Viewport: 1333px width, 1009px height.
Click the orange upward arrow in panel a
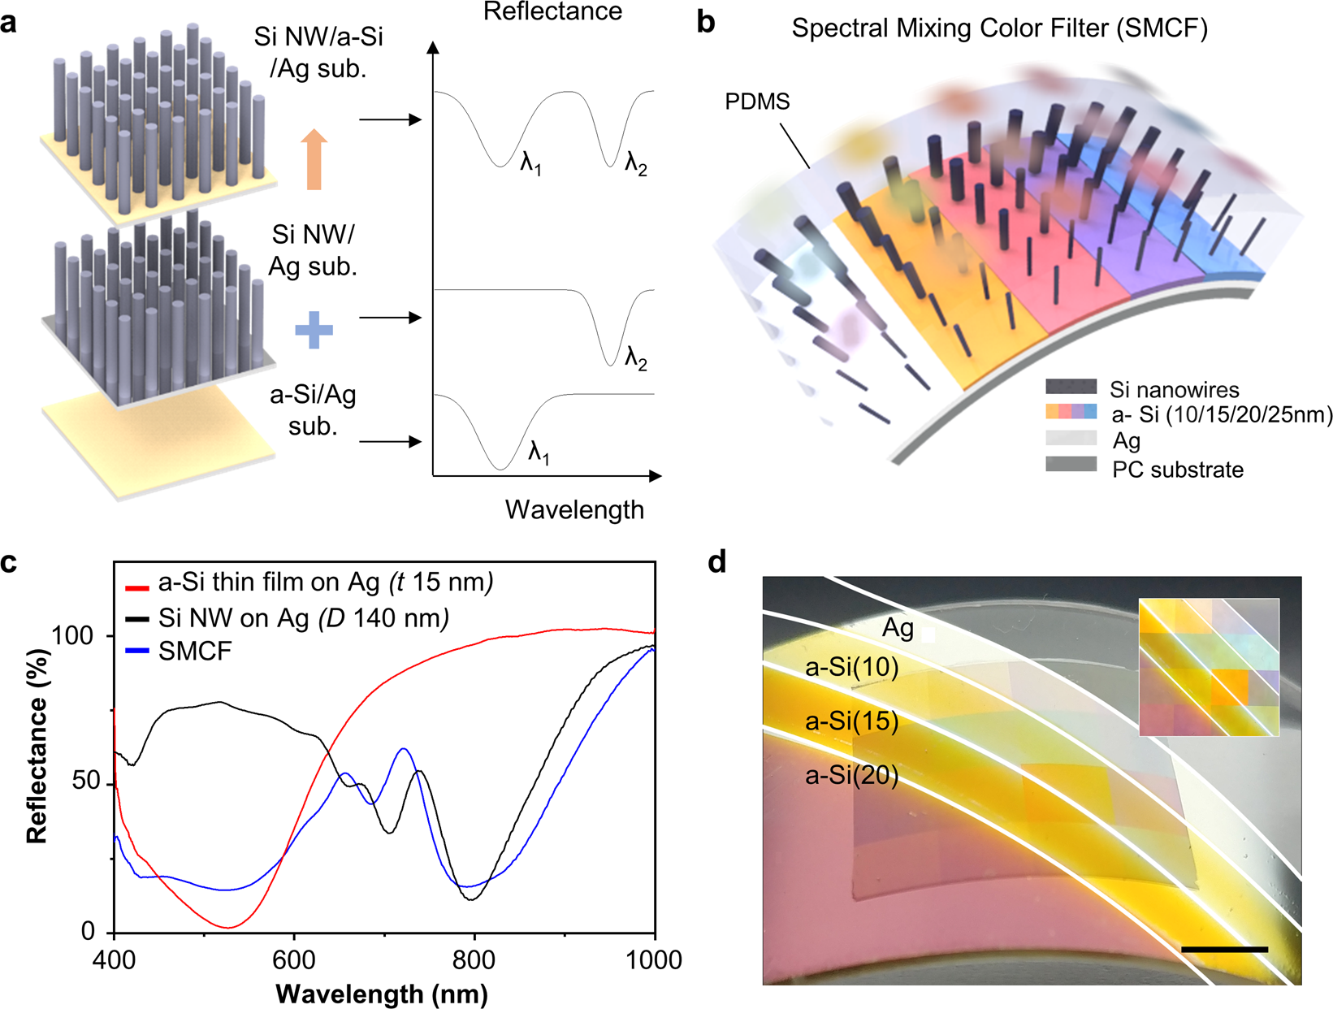point(314,160)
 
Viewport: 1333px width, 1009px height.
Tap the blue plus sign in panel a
point(314,330)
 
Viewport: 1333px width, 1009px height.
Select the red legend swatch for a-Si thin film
point(136,587)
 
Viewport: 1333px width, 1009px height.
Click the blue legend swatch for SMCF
point(136,651)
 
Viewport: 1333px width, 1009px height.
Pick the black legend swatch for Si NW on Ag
point(136,618)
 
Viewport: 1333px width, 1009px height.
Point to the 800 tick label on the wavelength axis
point(474,959)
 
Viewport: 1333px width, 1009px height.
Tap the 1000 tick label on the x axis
point(654,959)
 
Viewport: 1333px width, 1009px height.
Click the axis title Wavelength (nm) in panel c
point(381,994)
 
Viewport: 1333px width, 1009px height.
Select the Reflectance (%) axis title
point(37,746)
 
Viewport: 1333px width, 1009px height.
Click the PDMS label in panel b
point(757,102)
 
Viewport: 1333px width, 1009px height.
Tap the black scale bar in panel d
point(1224,949)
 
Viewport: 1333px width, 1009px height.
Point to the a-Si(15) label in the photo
point(851,721)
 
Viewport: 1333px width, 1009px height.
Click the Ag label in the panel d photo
point(898,628)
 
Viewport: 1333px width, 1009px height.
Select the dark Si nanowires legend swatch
point(1071,387)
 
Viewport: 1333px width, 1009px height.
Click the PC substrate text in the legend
point(1178,470)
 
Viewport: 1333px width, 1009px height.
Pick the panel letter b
point(706,23)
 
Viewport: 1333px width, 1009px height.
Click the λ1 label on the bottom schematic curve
point(539,452)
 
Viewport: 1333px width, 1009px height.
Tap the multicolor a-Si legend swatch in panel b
point(1071,412)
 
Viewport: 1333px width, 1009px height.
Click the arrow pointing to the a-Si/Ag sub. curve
point(391,441)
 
